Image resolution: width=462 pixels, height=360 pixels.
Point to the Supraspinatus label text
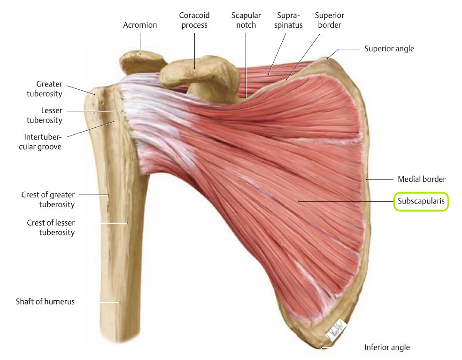coord(289,20)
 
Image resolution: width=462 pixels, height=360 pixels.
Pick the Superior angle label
coord(389,48)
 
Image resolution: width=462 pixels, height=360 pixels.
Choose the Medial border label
coord(421,179)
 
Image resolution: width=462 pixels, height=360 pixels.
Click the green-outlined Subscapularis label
coord(421,202)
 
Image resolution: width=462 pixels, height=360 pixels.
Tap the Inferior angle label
coord(387,348)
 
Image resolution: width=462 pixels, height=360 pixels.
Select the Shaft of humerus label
coord(46,302)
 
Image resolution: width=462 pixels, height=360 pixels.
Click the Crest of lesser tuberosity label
coord(51,227)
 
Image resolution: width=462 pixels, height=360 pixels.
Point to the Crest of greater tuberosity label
coord(48,199)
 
